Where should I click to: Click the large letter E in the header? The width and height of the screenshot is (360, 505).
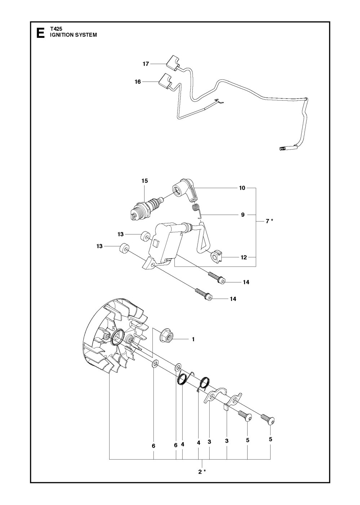(40, 33)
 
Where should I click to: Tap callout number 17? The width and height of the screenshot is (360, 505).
(146, 64)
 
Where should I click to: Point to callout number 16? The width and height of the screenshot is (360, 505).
(138, 82)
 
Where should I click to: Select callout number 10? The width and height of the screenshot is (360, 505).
(242, 188)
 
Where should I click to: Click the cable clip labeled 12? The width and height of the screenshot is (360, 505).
(217, 256)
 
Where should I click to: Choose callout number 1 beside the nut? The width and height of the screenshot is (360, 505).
(193, 339)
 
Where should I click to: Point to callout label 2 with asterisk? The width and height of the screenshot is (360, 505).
(202, 472)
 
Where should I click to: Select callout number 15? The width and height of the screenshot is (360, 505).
(145, 181)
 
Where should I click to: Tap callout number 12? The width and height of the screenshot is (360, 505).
(244, 257)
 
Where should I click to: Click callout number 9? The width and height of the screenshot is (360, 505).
(243, 215)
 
